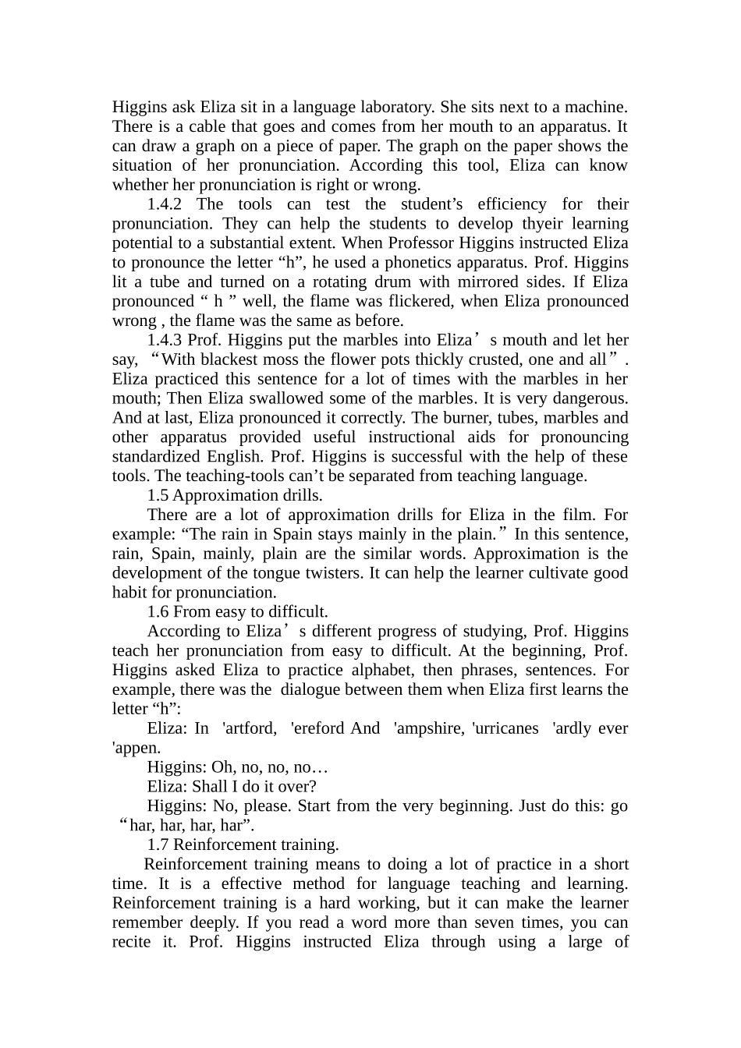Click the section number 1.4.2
click(x=164, y=204)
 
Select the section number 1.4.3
click(x=164, y=340)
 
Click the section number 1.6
click(x=158, y=611)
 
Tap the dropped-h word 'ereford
click(x=316, y=728)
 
